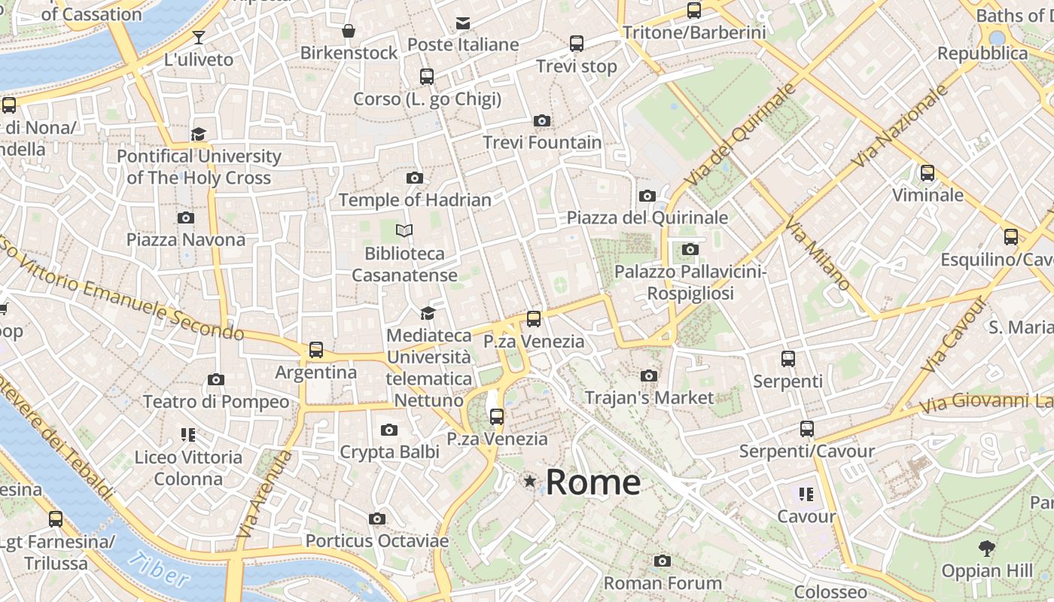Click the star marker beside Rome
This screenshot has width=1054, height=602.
pos(530,481)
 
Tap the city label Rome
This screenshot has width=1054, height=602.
pos(593,482)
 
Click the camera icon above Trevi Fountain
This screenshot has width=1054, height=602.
pos(541,121)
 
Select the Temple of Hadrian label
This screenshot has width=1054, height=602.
pos(415,200)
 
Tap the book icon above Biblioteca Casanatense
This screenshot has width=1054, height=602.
pos(404,231)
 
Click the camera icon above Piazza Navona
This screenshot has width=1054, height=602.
pos(185,218)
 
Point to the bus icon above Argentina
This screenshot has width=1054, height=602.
pos(316,350)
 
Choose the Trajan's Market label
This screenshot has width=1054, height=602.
pos(649,397)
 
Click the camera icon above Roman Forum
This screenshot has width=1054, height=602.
pos(663,561)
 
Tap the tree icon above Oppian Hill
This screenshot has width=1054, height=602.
pos(986,549)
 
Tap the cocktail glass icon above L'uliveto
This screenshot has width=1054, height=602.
pos(199,37)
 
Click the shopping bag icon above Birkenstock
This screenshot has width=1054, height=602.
pos(349,31)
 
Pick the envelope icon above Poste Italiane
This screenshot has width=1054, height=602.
pos(463,23)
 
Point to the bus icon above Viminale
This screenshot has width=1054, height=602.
pos(928,173)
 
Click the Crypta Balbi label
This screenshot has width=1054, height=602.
pos(389,452)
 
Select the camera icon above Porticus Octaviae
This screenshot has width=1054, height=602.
pos(377,519)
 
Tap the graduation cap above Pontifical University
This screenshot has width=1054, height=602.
pos(198,134)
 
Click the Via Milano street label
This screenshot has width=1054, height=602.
pos(818,254)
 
